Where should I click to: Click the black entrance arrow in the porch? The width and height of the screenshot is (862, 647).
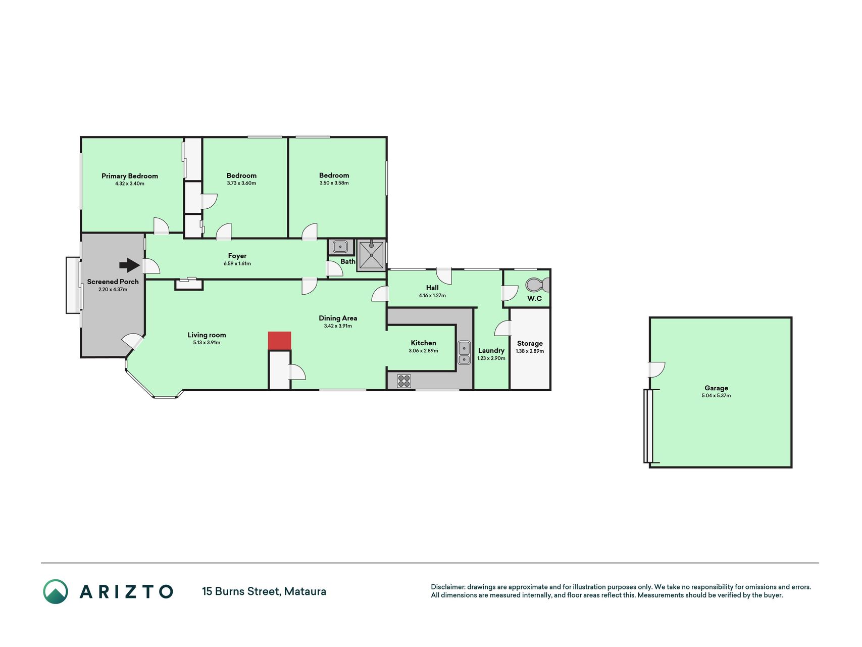pos(130,265)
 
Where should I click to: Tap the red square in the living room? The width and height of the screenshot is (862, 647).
pos(279,341)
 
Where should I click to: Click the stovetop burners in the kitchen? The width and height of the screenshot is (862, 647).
pos(404,381)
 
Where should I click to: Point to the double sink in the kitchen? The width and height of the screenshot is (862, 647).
pos(464,353)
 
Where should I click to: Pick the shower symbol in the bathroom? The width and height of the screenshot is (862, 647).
pos(371,255)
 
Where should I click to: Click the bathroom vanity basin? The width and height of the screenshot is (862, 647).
pos(341,247)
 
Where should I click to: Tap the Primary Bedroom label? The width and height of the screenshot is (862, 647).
pos(130,176)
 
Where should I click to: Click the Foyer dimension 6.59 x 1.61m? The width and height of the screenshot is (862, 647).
pos(237,264)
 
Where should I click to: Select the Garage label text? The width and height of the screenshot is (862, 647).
pos(716,388)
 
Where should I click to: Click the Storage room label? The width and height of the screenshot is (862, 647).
pos(530,343)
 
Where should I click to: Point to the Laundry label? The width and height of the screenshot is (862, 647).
pos(491,350)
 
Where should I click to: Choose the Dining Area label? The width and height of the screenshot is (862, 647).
pos(338,318)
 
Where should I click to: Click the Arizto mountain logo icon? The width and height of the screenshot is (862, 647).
pos(56,591)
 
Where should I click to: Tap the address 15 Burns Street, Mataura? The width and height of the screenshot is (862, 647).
pos(264,591)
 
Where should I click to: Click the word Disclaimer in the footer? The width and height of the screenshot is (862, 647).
pos(448,587)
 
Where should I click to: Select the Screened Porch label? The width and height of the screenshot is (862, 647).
pos(113,282)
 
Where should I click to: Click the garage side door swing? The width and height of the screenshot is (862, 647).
pos(657,369)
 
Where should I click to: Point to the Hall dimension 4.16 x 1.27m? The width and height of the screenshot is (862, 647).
pos(432,296)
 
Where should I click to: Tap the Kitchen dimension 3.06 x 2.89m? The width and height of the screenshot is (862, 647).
pos(424,351)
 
